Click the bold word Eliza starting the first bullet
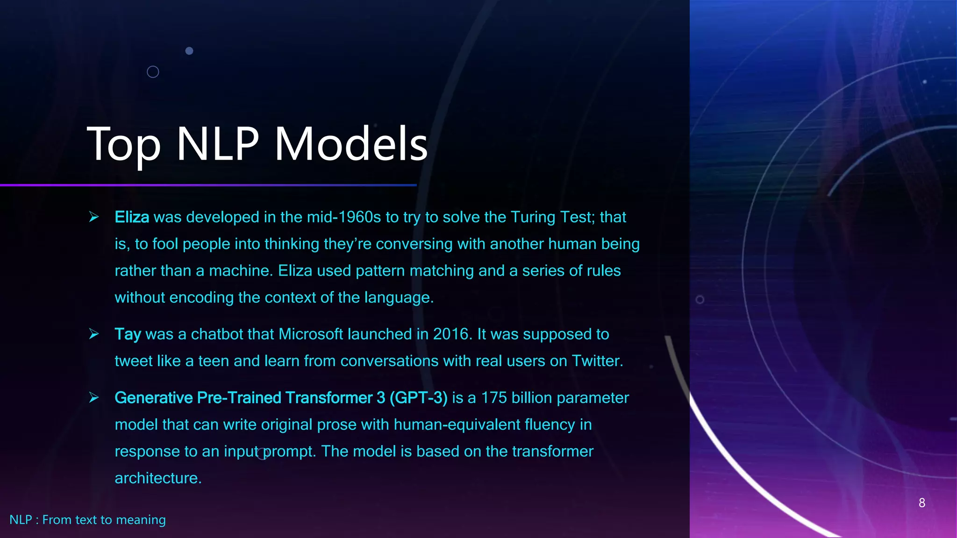pyautogui.click(x=132, y=217)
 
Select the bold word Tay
pyautogui.click(x=128, y=334)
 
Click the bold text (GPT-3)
pyautogui.click(x=418, y=398)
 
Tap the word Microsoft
pyautogui.click(x=311, y=334)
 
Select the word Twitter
pyautogui.click(x=597, y=361)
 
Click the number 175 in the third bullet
pyautogui.click(x=494, y=398)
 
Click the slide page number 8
pyautogui.click(x=921, y=503)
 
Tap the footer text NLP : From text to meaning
pyautogui.click(x=87, y=520)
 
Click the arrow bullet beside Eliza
pyautogui.click(x=94, y=217)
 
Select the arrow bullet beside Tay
pyautogui.click(x=94, y=334)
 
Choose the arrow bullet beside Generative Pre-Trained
pyautogui.click(x=94, y=397)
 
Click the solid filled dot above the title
pyautogui.click(x=189, y=51)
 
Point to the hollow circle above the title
pyautogui.click(x=153, y=72)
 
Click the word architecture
pyautogui.click(x=157, y=478)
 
